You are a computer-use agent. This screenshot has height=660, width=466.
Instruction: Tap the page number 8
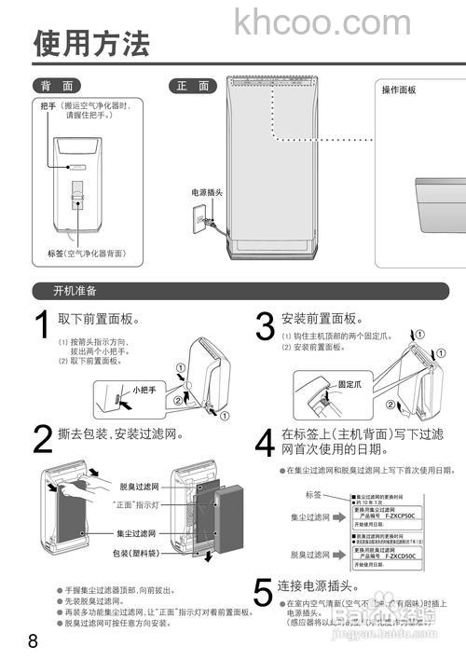[34, 640]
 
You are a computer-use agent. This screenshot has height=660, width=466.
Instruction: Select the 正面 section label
[192, 86]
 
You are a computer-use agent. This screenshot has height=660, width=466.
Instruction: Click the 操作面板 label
[399, 90]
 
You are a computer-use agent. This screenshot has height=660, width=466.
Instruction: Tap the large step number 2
[42, 439]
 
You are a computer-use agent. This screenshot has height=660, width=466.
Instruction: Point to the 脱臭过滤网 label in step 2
[139, 487]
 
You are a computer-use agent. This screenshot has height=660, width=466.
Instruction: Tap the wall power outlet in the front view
[199, 221]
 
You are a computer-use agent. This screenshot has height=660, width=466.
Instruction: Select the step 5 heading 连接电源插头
[319, 585]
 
